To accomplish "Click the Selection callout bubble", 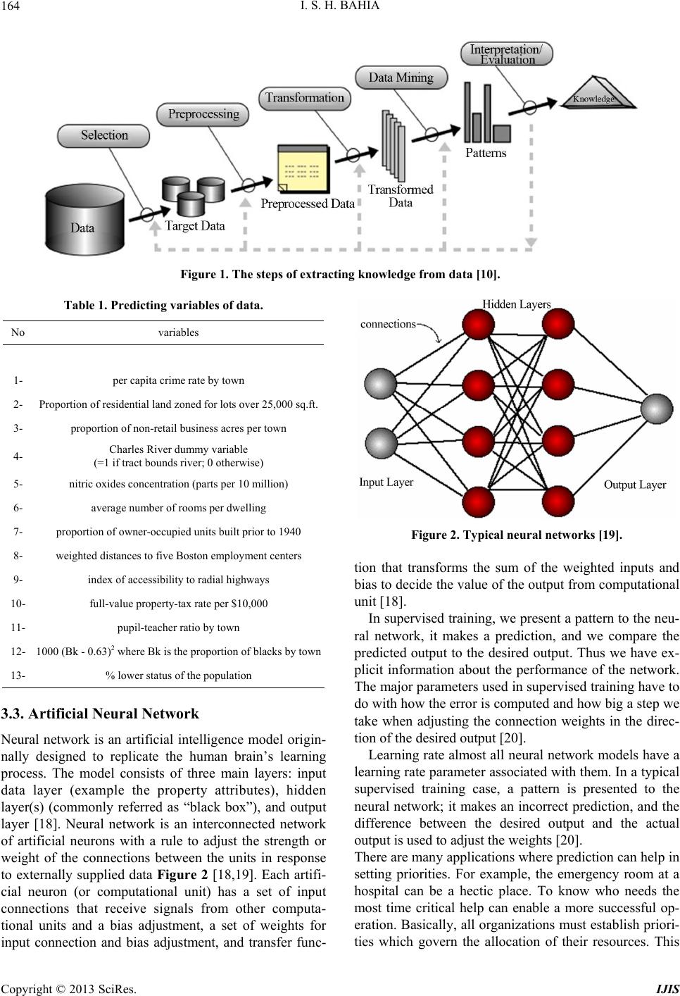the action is pyautogui.click(x=103, y=136).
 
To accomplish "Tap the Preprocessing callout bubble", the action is pyautogui.click(x=203, y=114).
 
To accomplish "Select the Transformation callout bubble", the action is pyautogui.click(x=304, y=99).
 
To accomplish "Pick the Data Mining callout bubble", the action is pyautogui.click(x=401, y=77).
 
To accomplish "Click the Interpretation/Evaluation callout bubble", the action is pyautogui.click(x=506, y=54).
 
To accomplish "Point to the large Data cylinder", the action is pyautogui.click(x=84, y=220).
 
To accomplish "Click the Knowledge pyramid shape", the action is pyautogui.click(x=598, y=94).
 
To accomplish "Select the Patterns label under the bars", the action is pyautogui.click(x=486, y=153).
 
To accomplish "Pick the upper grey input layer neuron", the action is pyautogui.click(x=380, y=383).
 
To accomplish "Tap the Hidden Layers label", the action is pyautogui.click(x=517, y=304).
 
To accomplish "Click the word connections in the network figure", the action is pyautogui.click(x=388, y=324).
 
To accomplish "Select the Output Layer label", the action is pyautogui.click(x=635, y=485).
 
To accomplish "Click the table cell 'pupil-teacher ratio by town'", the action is pyautogui.click(x=178, y=628).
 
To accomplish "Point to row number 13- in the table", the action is pyautogui.click(x=18, y=676).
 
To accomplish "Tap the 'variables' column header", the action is pyautogui.click(x=178, y=332).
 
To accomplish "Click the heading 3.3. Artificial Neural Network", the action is pyautogui.click(x=100, y=714).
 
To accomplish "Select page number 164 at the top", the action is pyautogui.click(x=11, y=6).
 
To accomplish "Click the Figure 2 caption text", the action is pyautogui.click(x=517, y=535).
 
